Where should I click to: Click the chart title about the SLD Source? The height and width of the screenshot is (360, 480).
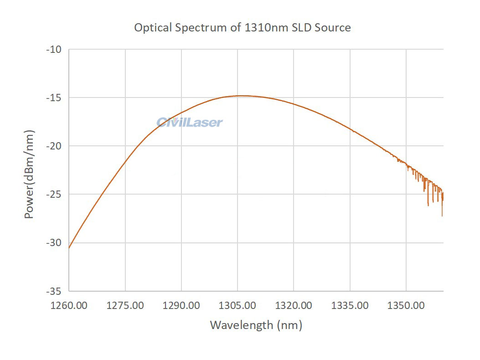242,28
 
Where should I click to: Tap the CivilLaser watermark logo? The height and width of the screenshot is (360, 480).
190,122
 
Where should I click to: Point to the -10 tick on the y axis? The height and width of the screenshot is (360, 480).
55,49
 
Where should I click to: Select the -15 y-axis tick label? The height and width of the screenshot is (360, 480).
55,98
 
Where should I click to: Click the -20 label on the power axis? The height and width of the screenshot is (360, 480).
55,146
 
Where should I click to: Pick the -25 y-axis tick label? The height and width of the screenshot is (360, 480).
55,194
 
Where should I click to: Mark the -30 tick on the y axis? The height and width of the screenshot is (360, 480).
55,242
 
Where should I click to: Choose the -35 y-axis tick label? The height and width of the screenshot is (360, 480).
55,291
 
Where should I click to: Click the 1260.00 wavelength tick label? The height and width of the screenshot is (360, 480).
69,305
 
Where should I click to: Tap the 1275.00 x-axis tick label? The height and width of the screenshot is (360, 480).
125,305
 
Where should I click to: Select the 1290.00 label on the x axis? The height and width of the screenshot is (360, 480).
181,305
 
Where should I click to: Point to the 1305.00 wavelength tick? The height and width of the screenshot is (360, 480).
237,305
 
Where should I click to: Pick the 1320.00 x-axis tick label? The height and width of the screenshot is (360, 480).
294,305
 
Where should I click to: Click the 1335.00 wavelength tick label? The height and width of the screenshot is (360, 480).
350,305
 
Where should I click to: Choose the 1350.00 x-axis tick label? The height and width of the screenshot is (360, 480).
406,305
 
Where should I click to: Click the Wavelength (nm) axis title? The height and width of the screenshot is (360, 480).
256,325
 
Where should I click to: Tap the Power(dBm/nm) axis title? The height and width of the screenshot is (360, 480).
29,174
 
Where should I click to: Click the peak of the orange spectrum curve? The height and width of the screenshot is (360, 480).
241,96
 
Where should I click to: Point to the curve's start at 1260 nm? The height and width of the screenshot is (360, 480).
69,247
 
